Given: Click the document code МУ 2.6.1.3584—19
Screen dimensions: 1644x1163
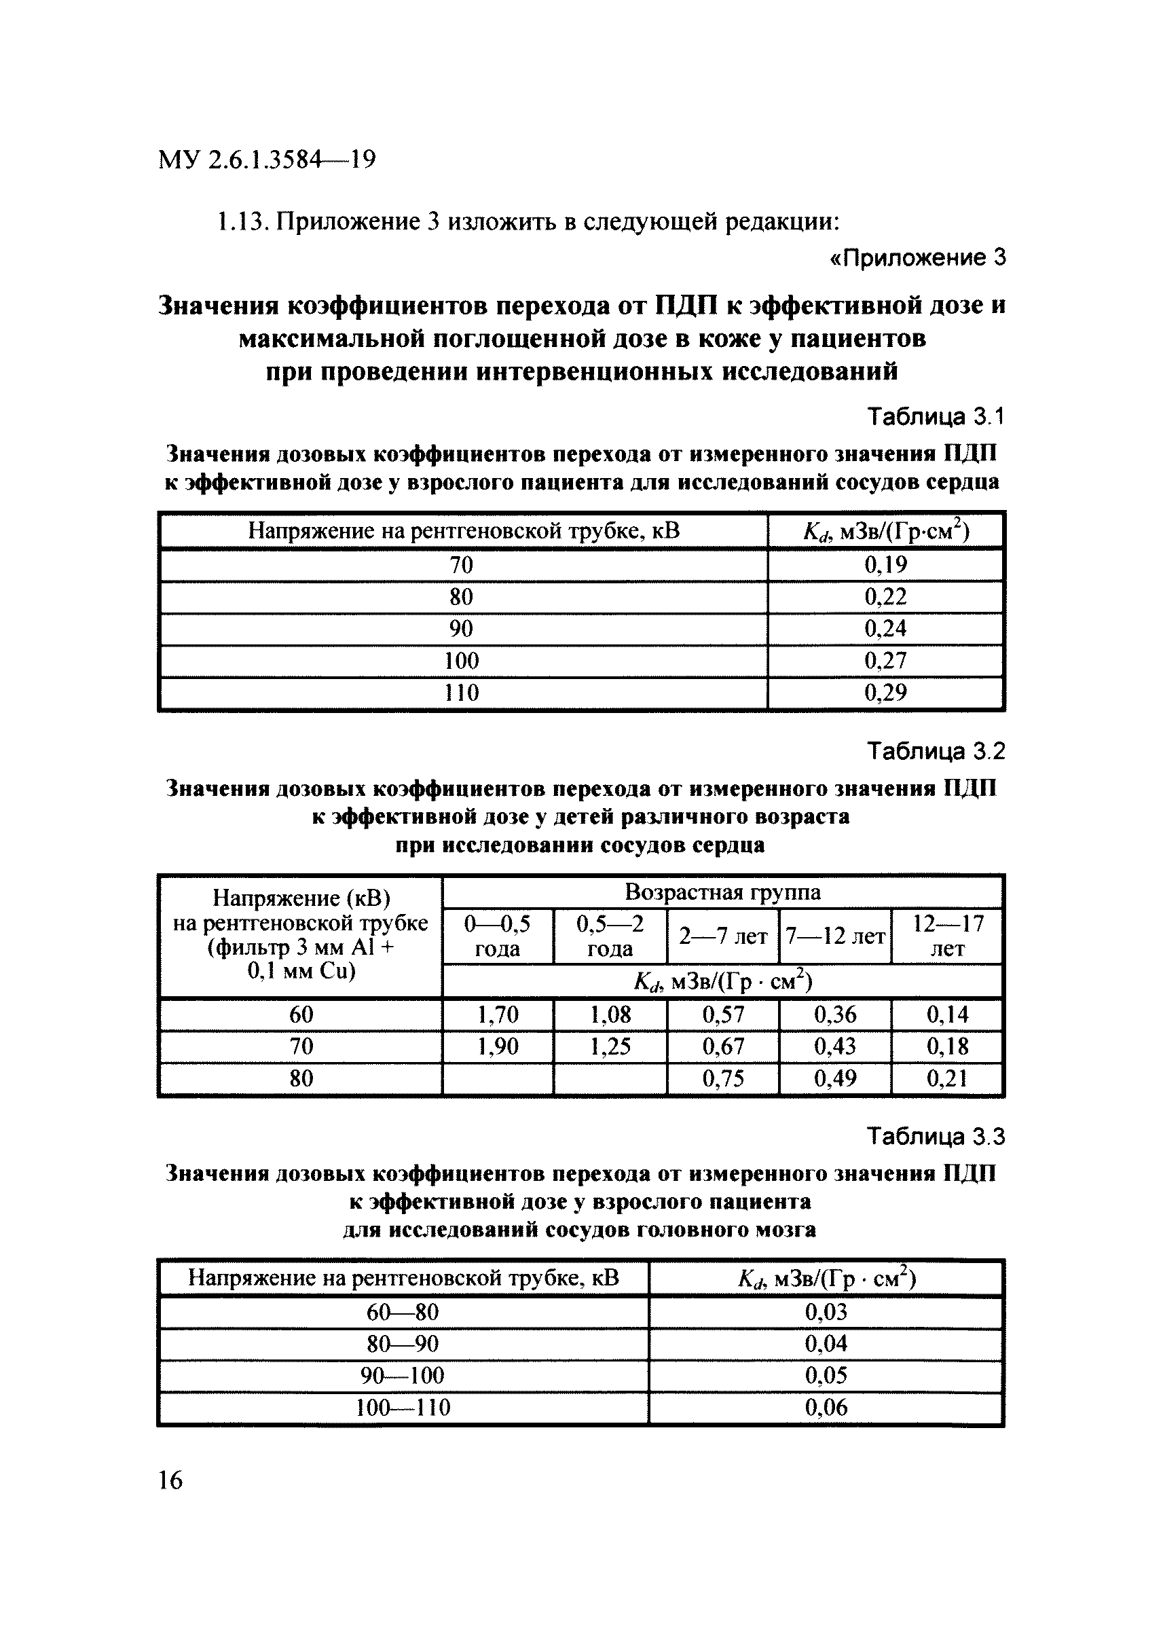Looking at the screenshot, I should pos(266,159).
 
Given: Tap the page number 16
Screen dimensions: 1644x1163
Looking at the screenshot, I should pos(170,1480).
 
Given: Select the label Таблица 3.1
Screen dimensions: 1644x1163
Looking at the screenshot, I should pos(936,416).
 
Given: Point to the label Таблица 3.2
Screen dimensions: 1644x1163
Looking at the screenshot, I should pos(936,751).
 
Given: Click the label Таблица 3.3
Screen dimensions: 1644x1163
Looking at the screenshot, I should pos(936,1137).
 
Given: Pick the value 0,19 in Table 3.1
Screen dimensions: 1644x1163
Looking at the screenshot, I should pos(885,565).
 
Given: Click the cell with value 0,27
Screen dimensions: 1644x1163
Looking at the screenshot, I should pos(885,661).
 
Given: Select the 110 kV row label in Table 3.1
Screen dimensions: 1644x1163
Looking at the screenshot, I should pos(461,693).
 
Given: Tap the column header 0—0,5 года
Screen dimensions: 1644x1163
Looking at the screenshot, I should pos(498,936).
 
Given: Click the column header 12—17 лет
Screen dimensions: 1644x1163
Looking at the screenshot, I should pos(948,936).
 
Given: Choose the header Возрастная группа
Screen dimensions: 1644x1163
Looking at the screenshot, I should pos(722,892).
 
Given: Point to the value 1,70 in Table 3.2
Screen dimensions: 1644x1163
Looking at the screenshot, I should pos(498,1015).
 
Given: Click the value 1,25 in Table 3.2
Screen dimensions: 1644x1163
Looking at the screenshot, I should pos(610,1046).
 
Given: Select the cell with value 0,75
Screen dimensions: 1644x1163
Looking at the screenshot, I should pos(722,1079).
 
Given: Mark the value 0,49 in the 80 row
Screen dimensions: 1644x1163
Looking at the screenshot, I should pos(835,1079).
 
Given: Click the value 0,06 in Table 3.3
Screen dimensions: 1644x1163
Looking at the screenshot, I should pos(826,1408).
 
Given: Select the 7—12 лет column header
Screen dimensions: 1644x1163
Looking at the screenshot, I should pos(835,936).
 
